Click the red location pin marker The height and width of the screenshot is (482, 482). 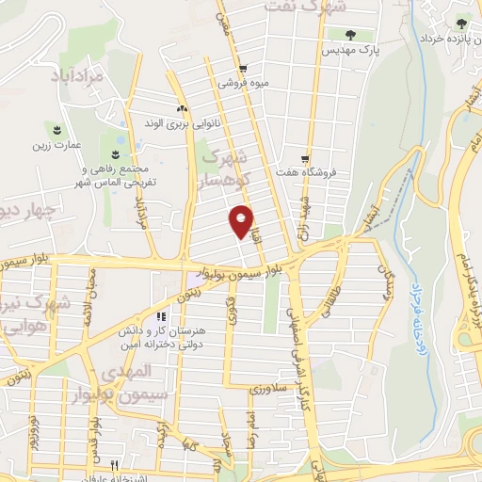pos(242,220)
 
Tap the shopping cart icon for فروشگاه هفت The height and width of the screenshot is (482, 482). pos(305,158)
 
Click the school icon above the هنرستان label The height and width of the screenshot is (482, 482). pos(161,316)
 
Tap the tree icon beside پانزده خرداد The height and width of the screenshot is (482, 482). pos(460,24)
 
